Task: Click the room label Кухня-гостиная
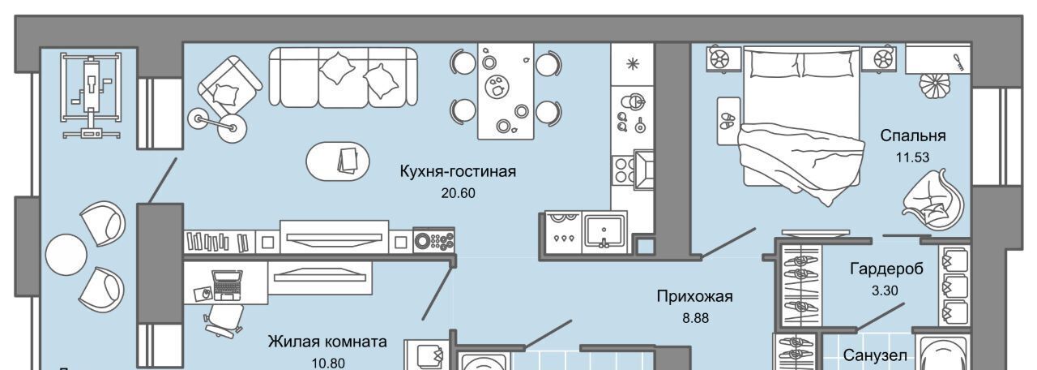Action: (458, 171)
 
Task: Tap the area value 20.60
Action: (458, 193)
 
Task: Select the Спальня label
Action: (913, 136)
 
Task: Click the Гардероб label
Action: (886, 268)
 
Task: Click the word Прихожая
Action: (695, 297)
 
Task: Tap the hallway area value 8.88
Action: (695, 318)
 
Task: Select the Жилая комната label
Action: (327, 342)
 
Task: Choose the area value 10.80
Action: (327, 362)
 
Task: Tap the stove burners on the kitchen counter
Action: (624, 170)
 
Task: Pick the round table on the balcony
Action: (66, 255)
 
